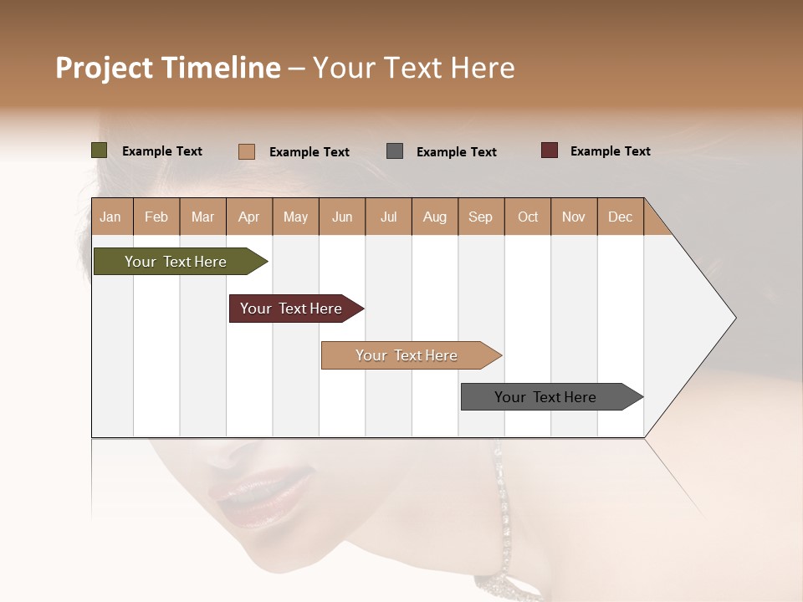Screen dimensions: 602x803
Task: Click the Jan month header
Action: [x=111, y=217]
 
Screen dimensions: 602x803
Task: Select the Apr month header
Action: [x=249, y=217]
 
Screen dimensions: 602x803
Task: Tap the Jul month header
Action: [x=388, y=217]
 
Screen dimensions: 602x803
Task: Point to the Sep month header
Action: [x=481, y=217]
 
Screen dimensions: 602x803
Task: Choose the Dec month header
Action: [x=620, y=217]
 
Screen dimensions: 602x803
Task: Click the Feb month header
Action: [x=156, y=217]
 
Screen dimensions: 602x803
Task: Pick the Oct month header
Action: [x=528, y=217]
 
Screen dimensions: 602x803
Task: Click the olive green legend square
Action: [x=100, y=150]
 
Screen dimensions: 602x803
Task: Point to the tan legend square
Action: [x=247, y=151]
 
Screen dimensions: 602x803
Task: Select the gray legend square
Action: [x=395, y=151]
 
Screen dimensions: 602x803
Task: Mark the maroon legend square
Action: [x=550, y=150]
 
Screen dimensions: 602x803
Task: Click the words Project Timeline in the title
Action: [x=168, y=68]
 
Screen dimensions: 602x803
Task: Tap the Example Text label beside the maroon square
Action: [x=610, y=151]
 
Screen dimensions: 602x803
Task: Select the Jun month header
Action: [x=342, y=217]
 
